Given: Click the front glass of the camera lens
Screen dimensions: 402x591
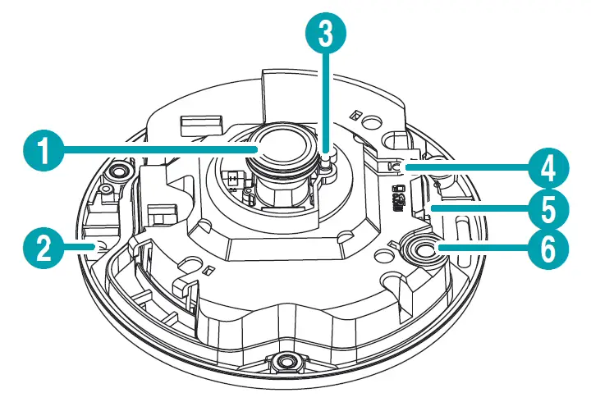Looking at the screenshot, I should [x=283, y=143].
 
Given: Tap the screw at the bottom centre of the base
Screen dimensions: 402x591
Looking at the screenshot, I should [x=284, y=362].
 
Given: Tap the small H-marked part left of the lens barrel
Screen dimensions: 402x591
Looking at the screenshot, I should [x=234, y=178].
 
